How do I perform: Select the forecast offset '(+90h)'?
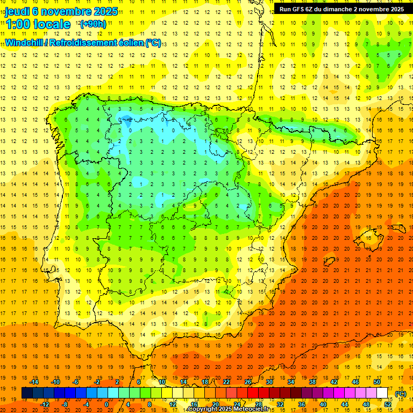[93, 24]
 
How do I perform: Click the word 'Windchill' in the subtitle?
[25, 43]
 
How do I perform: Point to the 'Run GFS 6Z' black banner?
[341, 9]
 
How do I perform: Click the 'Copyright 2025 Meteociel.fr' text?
[228, 409]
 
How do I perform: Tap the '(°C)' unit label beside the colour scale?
[400, 394]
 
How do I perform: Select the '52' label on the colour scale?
[388, 404]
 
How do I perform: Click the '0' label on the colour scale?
[106, 404]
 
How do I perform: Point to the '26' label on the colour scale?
[248, 382]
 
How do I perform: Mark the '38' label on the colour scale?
[312, 382]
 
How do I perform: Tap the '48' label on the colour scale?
[366, 404]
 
